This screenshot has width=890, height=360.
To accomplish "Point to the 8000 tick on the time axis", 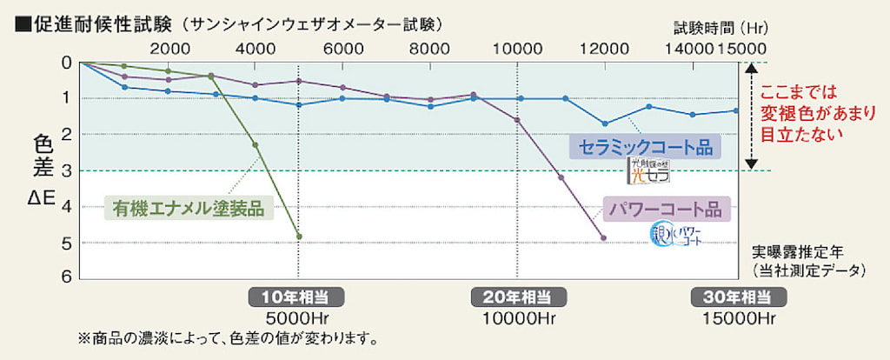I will pyautogui.click(x=430, y=48).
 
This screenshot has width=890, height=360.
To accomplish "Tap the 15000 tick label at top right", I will pyautogui.click(x=741, y=48).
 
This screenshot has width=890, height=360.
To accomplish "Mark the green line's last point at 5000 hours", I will pyautogui.click(x=299, y=237).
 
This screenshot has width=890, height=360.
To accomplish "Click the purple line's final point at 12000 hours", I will pyautogui.click(x=604, y=237).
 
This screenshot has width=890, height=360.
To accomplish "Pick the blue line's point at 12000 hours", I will pyautogui.click(x=605, y=123).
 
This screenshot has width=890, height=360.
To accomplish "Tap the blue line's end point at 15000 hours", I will pyautogui.click(x=735, y=110).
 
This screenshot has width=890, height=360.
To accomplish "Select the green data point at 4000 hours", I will pyautogui.click(x=256, y=145).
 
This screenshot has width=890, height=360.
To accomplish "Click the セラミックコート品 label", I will pyautogui.click(x=646, y=147).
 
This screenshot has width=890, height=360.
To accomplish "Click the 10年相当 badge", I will pyautogui.click(x=298, y=296).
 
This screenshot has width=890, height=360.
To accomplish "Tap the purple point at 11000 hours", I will pyautogui.click(x=561, y=177).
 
